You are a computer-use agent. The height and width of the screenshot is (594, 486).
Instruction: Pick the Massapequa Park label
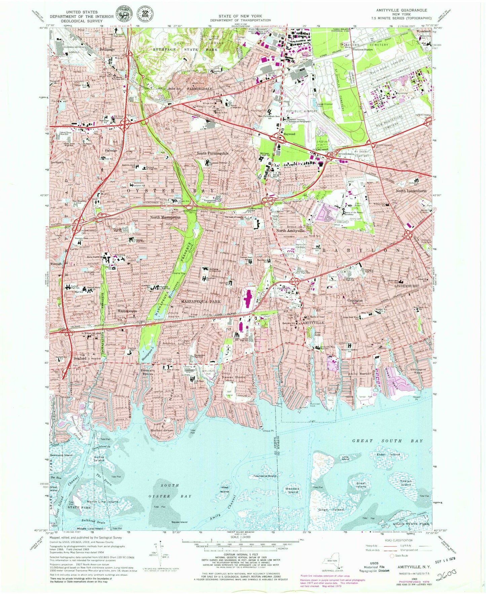(201, 301)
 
